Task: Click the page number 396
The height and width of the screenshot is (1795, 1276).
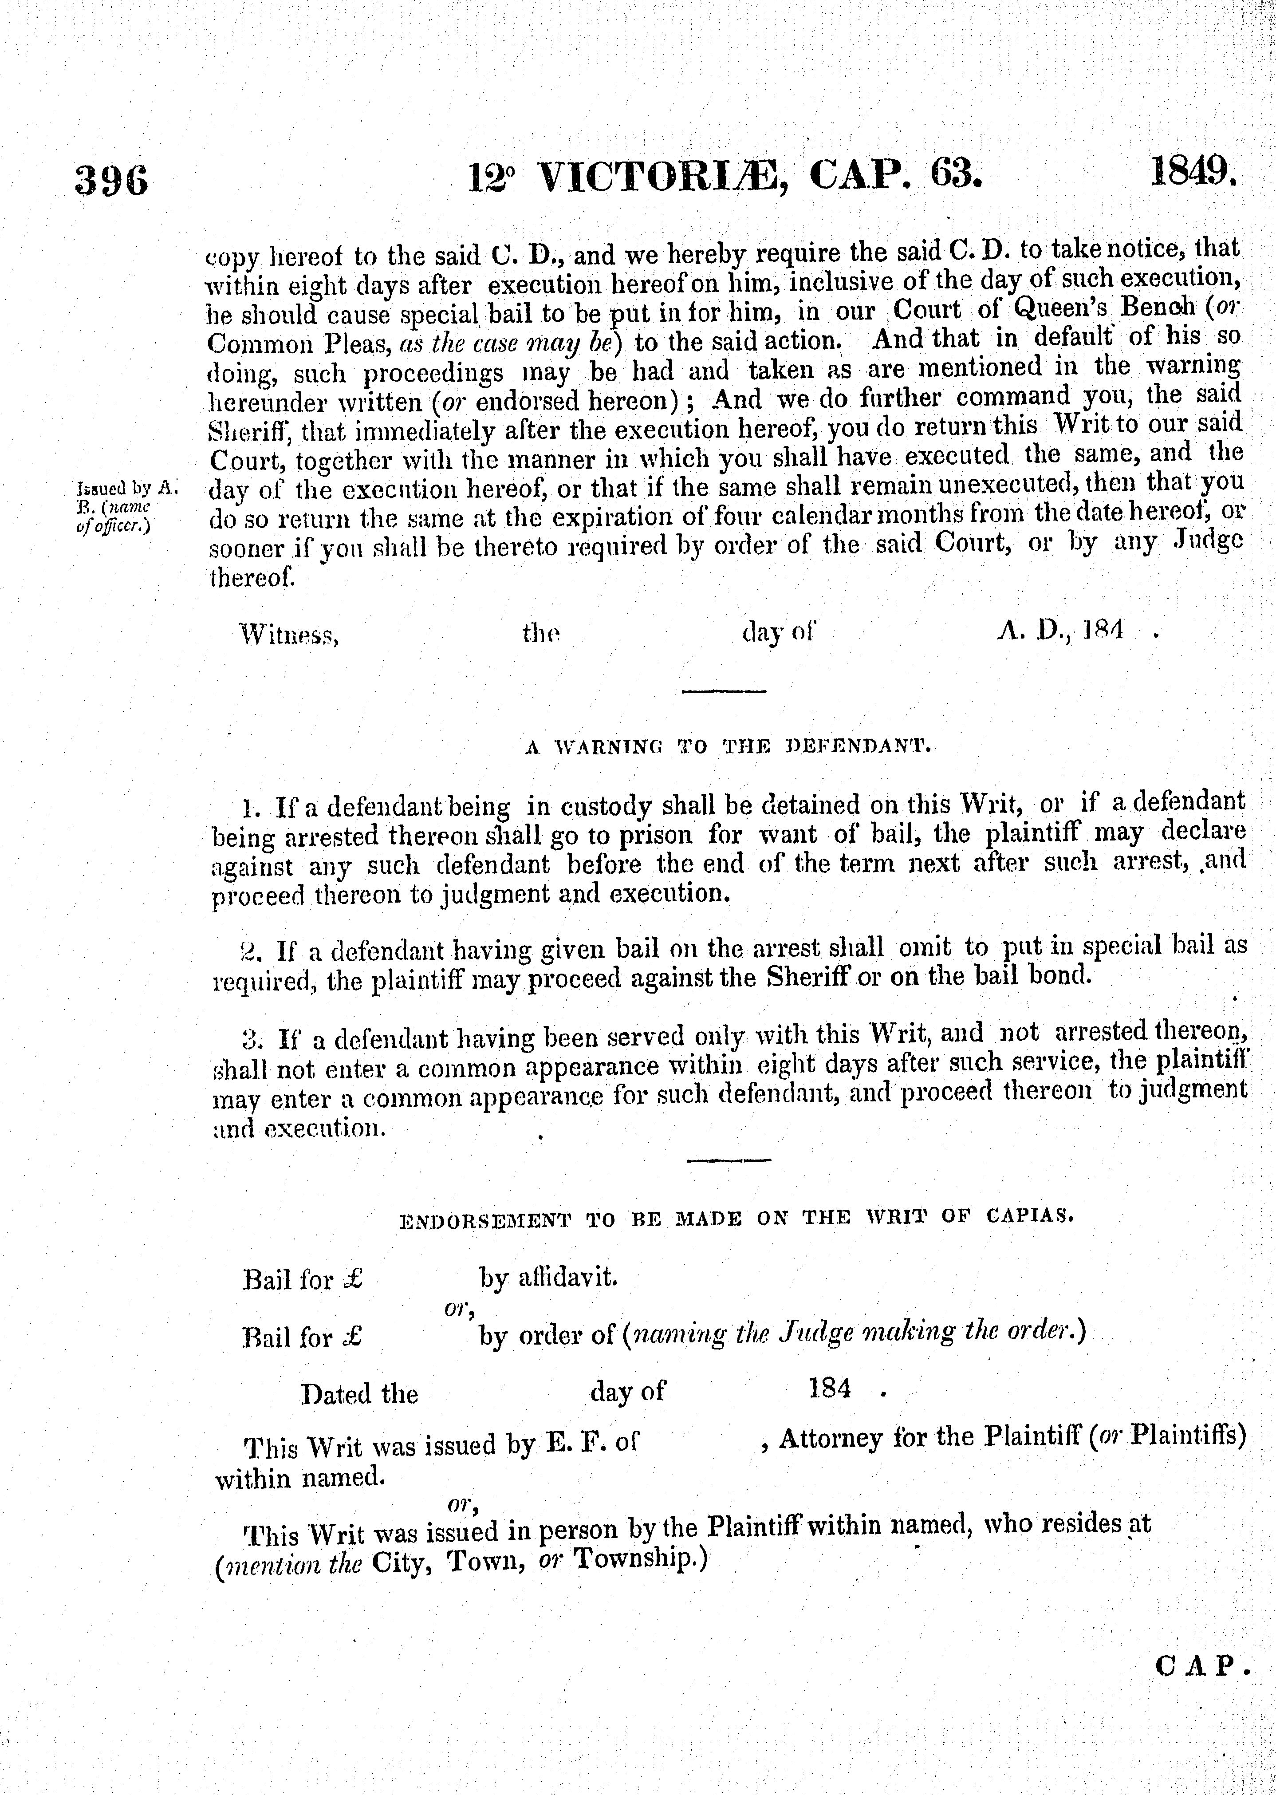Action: (x=111, y=181)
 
